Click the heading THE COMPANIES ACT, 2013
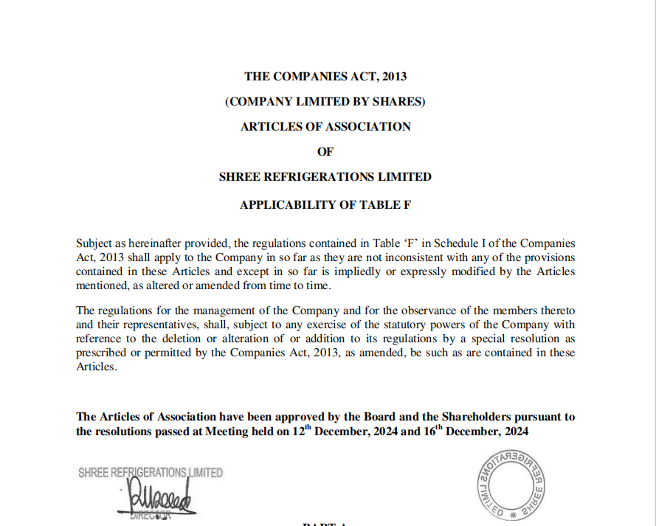[325, 76]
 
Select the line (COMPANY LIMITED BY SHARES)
[325, 101]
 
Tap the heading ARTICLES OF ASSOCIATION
[325, 126]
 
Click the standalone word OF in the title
[325, 152]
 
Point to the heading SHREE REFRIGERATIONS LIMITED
[325, 177]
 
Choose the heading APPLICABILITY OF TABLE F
[325, 205]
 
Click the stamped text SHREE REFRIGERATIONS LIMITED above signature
[151, 473]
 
